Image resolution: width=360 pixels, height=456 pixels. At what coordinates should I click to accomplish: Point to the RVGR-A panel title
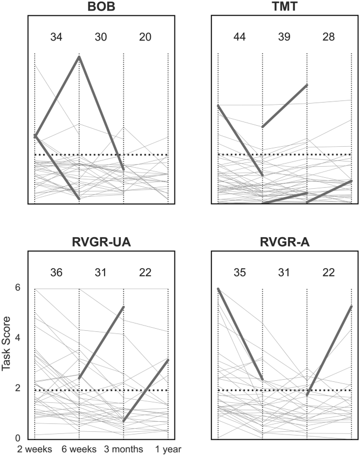tap(284, 242)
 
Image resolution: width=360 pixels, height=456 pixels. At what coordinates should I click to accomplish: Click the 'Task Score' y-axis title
tap(6, 363)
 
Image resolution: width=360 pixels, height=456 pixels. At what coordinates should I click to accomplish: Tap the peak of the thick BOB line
tap(79, 56)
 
